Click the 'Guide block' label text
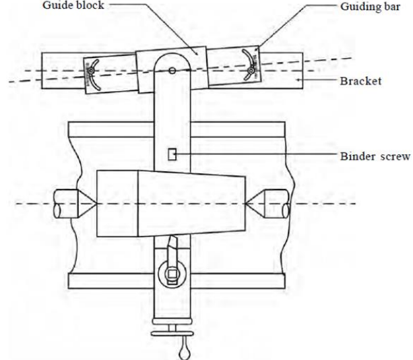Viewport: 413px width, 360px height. coord(73,5)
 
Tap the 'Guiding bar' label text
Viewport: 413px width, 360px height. coord(371,7)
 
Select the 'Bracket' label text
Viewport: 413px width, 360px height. coord(360,81)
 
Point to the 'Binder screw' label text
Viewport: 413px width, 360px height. coord(375,156)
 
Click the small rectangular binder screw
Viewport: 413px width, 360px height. coord(172,154)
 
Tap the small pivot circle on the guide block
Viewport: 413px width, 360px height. coord(172,71)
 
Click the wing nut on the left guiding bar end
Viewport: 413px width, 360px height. coord(91,71)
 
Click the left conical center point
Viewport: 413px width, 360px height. coord(87,204)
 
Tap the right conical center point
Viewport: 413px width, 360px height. coord(255,204)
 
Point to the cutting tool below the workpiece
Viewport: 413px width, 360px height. coord(172,247)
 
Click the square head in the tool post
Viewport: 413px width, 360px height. coord(172,275)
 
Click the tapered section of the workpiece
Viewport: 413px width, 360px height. coord(192,204)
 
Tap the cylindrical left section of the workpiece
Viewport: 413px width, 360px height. coord(117,204)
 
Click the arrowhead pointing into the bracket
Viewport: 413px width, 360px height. coord(298,80)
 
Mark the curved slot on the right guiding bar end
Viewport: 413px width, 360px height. coord(249,65)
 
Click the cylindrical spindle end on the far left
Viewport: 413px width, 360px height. coord(66,204)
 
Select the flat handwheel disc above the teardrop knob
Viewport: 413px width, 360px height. coord(172,334)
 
